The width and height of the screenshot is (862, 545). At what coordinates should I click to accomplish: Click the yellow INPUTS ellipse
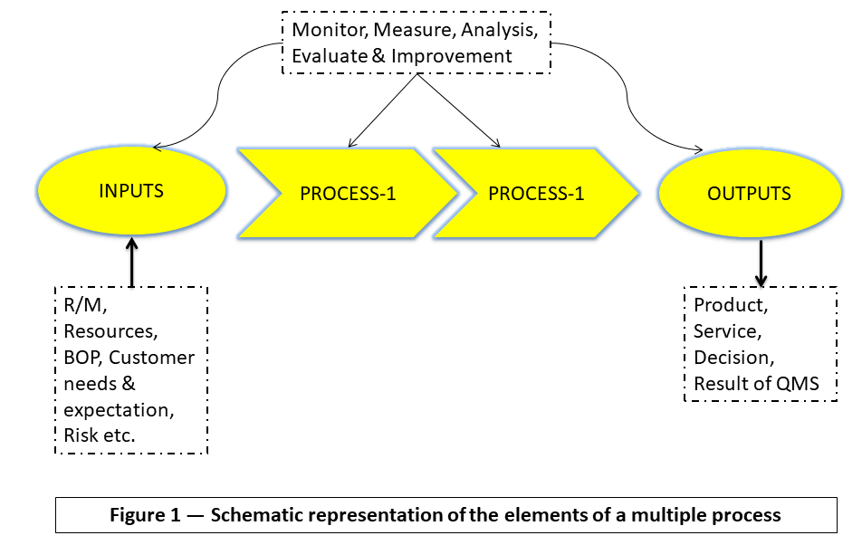click(x=131, y=192)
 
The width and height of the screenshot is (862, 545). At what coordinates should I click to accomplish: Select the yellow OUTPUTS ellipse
click(x=749, y=194)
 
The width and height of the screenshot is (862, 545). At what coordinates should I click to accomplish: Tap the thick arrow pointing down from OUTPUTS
click(x=761, y=263)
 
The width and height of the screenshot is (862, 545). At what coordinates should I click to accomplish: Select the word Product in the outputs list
click(x=727, y=305)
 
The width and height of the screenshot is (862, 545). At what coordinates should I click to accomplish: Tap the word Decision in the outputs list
click(x=732, y=358)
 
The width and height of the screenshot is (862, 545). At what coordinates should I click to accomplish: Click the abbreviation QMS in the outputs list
click(x=798, y=384)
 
